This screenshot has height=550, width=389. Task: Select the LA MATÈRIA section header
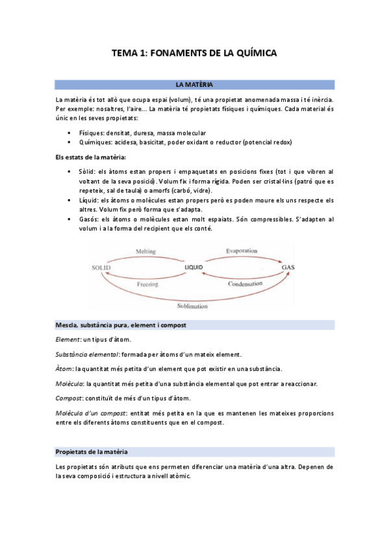[x=194, y=85]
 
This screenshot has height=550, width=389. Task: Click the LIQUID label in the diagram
[x=194, y=267]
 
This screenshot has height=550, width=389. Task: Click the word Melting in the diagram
[x=146, y=251]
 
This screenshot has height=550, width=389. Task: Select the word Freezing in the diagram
[x=147, y=283]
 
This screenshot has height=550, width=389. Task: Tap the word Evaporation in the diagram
[x=242, y=251]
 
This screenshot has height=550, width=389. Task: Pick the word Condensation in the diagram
[x=245, y=283]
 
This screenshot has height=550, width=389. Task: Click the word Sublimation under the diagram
[x=194, y=305]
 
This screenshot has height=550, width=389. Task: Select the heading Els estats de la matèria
[x=90, y=158]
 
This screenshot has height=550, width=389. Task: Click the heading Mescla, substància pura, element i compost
[x=120, y=324]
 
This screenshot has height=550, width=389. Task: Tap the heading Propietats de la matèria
[x=92, y=451]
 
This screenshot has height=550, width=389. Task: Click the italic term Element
[x=68, y=339]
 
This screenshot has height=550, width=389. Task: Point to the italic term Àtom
[x=64, y=368]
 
